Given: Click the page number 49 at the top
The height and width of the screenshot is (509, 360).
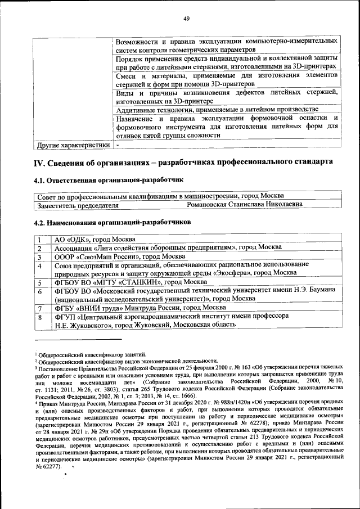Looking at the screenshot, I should point(187,19).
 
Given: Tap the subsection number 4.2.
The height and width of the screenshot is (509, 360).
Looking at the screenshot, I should point(42,222).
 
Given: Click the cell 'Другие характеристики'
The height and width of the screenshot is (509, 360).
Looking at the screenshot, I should point(73,145).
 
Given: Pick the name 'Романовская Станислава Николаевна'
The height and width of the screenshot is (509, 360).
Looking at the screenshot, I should point(244,205).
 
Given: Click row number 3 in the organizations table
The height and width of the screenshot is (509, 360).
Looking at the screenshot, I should point(40,256).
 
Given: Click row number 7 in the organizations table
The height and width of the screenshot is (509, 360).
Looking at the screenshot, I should point(40,308).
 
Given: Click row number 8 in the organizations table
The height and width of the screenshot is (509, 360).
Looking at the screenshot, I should point(40,317).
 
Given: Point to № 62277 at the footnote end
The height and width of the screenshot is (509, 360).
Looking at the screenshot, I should point(47,466).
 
